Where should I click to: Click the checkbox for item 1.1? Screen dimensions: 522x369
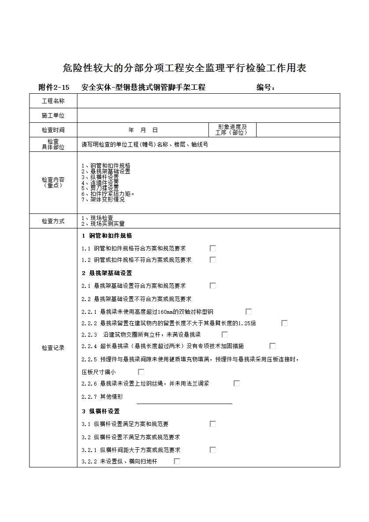click(213, 248)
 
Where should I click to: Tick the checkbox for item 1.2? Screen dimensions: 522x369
click(213, 260)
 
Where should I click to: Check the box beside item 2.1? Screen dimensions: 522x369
click(213, 286)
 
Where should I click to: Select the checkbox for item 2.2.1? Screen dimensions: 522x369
click(249, 312)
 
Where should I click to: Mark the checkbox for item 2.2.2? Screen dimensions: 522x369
click(284, 323)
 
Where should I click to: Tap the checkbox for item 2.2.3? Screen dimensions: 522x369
click(225, 335)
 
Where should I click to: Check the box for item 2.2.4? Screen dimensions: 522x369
click(273, 346)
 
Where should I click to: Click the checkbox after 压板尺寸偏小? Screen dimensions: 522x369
click(141, 372)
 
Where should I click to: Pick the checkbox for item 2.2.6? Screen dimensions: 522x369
click(237, 383)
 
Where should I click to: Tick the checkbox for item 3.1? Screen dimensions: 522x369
click(213, 424)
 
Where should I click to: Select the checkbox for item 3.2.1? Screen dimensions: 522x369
click(213, 450)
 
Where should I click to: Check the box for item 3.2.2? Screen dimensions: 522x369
click(177, 461)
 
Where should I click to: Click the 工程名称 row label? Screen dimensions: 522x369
click(53, 101)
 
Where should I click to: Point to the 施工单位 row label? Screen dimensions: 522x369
click(53, 115)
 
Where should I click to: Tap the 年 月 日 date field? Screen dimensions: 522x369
click(143, 130)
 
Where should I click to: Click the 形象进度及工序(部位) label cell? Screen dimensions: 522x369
click(232, 130)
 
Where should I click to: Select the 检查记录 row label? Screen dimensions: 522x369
click(53, 348)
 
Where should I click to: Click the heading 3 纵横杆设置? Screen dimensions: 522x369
click(101, 411)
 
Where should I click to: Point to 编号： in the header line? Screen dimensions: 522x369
click(266, 87)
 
